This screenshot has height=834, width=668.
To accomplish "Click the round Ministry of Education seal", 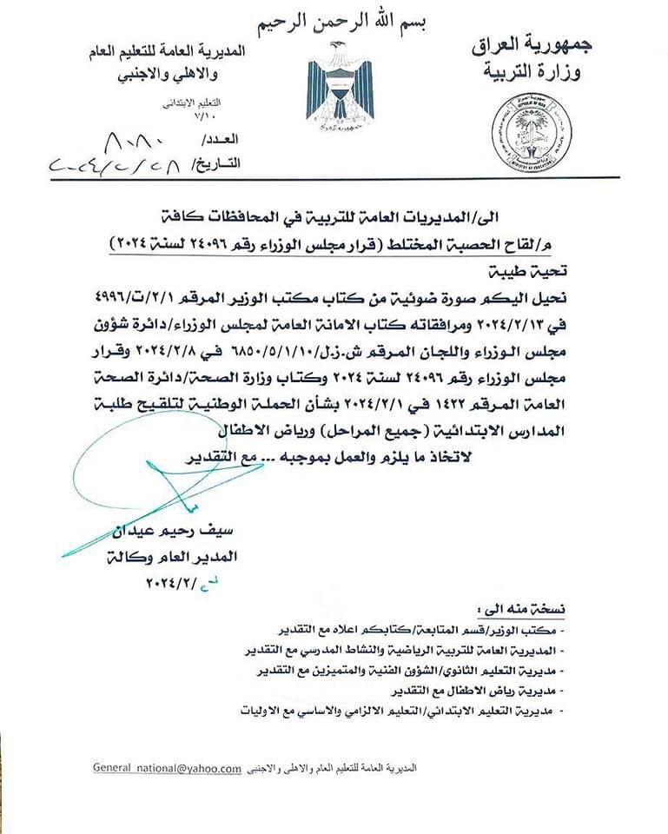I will click(x=531, y=131).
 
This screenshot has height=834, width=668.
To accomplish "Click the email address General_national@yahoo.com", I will click(x=168, y=768).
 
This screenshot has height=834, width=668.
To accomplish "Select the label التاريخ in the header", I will click(x=213, y=163).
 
